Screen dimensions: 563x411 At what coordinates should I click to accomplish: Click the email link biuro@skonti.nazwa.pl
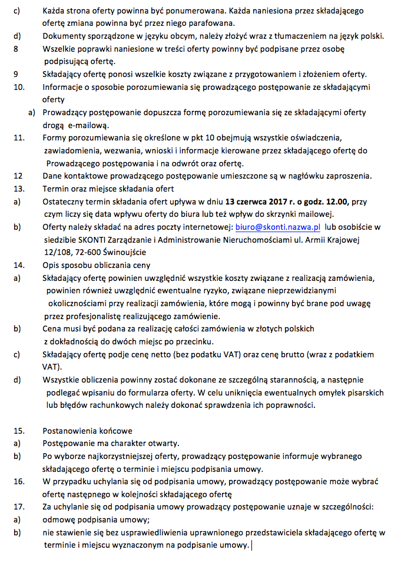(x=278, y=226)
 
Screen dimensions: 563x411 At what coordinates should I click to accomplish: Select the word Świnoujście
(x=125, y=252)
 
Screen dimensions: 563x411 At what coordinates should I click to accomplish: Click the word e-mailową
(x=94, y=125)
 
